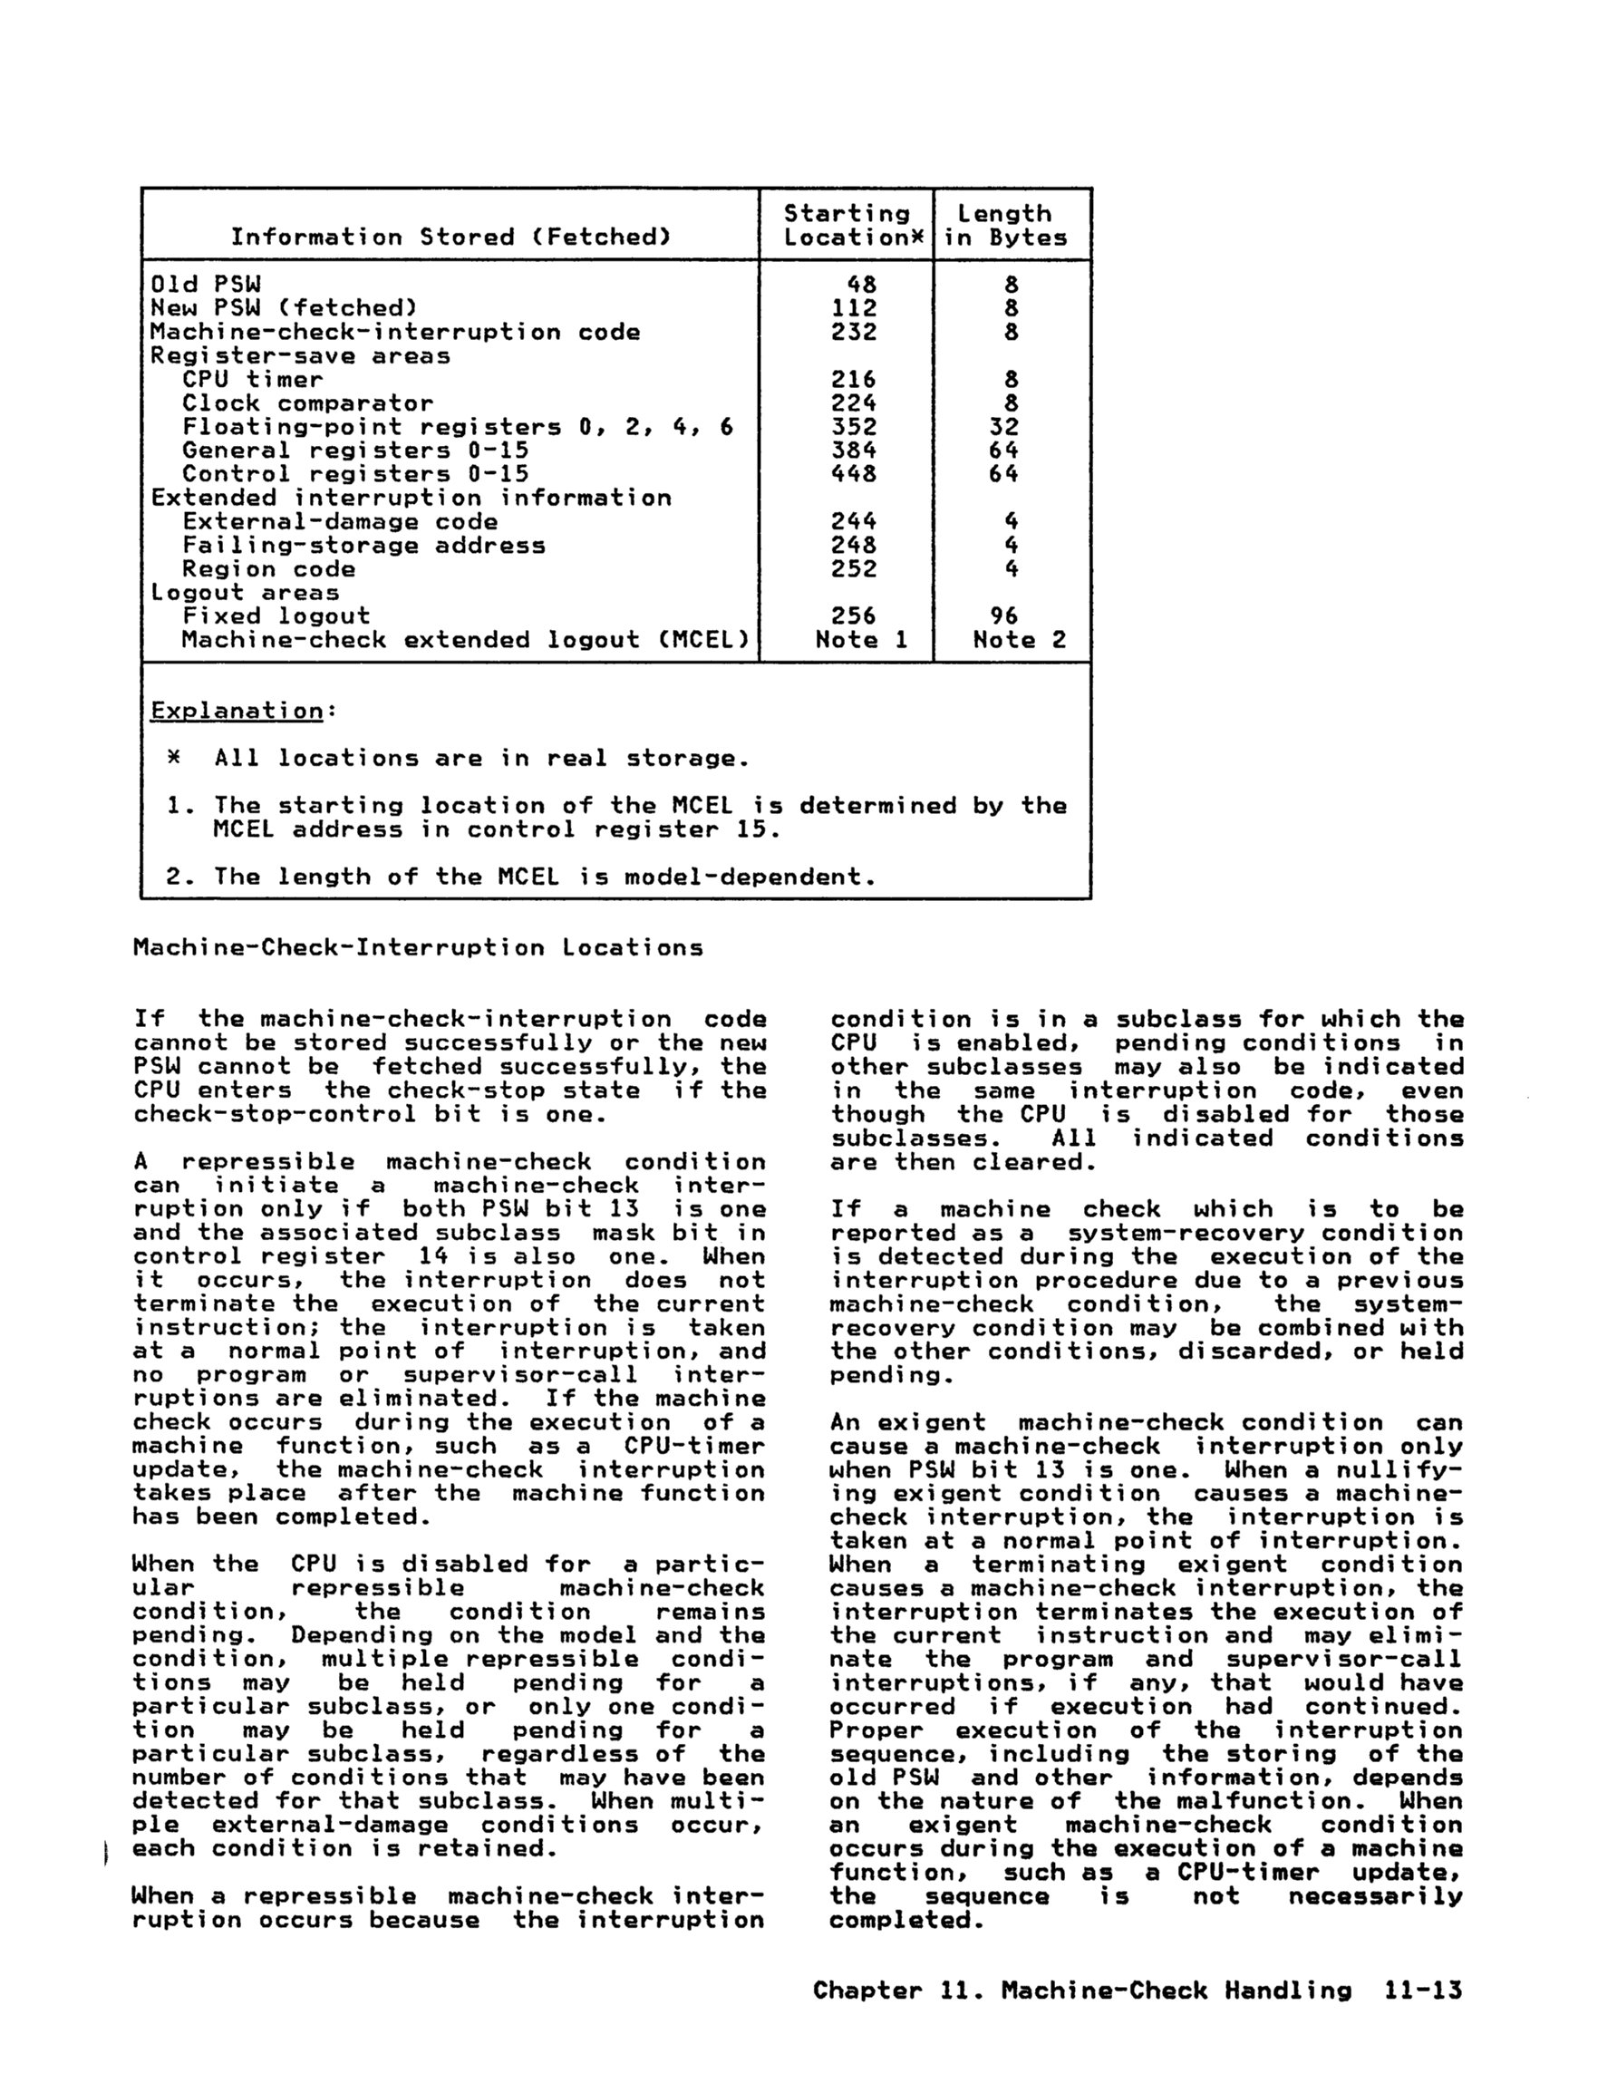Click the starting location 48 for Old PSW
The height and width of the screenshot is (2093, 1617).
tap(861, 285)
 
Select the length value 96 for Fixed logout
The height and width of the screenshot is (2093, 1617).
tap(1003, 616)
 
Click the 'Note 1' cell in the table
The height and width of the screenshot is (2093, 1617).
tap(861, 640)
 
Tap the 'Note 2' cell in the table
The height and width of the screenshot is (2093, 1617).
tap(1019, 640)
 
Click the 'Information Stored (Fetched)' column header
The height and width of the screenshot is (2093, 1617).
tap(450, 237)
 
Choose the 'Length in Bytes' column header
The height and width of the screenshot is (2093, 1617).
tap(1004, 227)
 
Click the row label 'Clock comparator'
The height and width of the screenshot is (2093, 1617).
tap(307, 403)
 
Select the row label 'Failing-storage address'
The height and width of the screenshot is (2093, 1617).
tap(363, 546)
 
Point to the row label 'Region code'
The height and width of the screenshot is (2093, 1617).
tap(268, 569)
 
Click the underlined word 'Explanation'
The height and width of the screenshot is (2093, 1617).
tap(237, 711)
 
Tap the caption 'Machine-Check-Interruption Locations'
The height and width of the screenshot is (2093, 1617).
tap(418, 949)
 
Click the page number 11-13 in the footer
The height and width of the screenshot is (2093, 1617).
tap(1423, 1991)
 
